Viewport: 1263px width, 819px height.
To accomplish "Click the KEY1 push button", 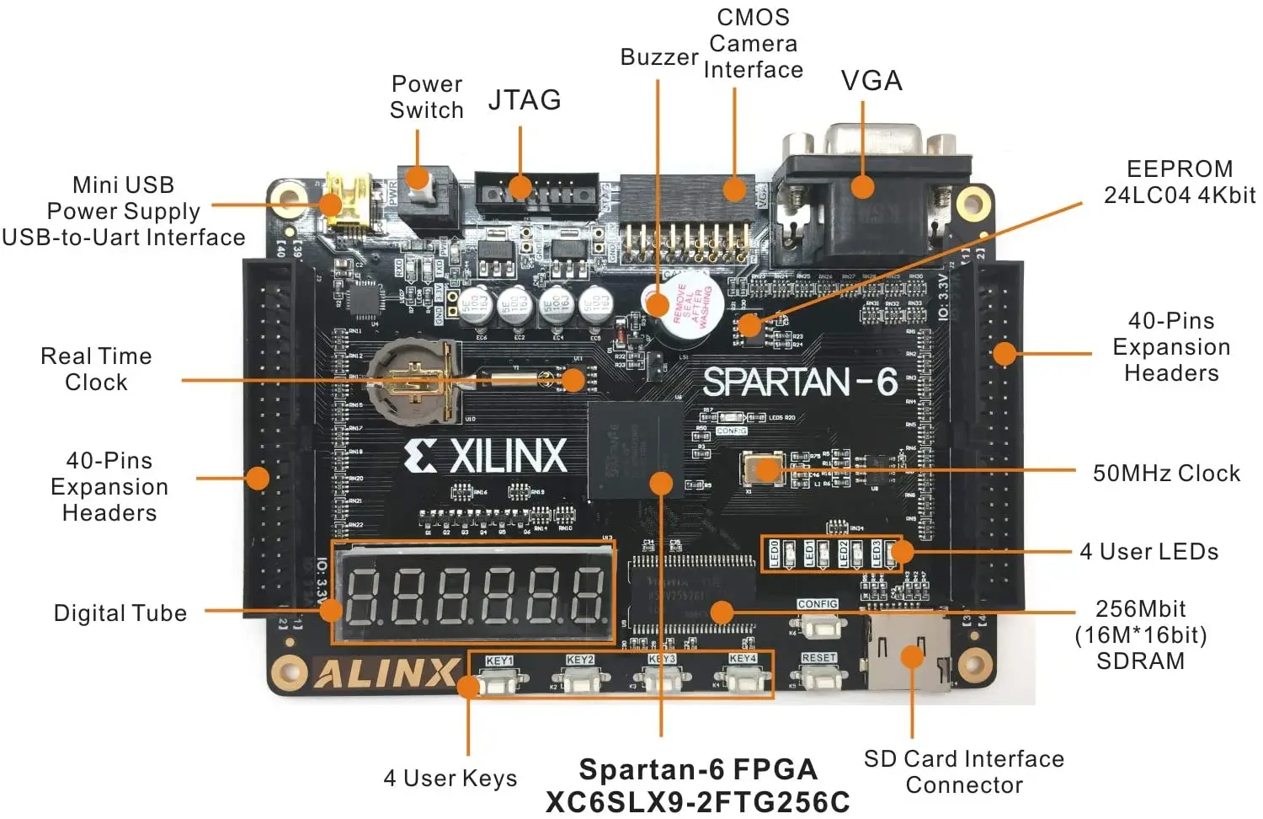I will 502,679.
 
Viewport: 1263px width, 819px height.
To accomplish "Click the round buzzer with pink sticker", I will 678,311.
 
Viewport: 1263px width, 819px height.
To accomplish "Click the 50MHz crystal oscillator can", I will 763,468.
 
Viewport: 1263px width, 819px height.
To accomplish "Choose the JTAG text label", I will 525,100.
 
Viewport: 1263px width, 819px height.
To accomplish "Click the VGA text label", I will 871,81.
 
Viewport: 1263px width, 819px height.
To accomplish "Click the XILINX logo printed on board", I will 486,456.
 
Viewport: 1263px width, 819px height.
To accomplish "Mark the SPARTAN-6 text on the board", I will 800,382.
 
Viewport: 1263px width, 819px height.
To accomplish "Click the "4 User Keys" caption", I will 450,778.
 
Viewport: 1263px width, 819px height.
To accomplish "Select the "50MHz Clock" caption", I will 1166,474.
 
